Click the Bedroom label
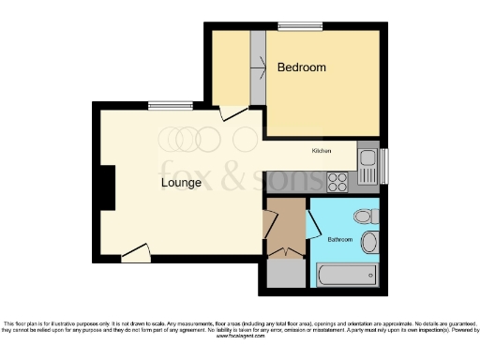point(301,67)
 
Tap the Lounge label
point(181,182)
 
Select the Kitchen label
point(322,150)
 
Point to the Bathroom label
point(339,240)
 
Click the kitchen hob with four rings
point(337,182)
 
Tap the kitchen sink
point(367,166)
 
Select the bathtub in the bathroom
point(348,275)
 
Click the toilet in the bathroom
point(365,217)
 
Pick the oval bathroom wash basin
point(368,244)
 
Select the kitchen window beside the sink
point(384,166)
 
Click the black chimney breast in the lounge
point(108,187)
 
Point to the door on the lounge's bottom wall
point(137,252)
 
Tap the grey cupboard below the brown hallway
point(286,273)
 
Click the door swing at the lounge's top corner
point(232,113)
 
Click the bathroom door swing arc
point(313,224)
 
